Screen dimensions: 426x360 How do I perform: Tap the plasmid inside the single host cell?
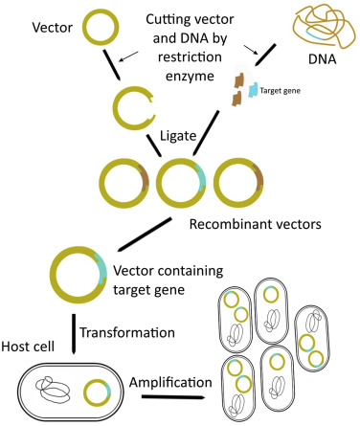(97, 391)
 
